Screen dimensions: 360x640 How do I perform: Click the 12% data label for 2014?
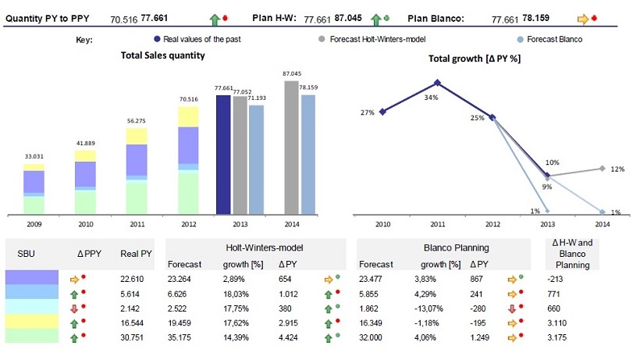coord(617,169)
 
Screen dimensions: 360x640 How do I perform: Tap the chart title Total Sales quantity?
coord(163,55)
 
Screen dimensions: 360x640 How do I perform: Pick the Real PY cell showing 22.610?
coord(132,277)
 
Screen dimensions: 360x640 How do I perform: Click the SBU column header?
coord(26,253)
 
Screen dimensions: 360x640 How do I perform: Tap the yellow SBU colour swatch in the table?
coord(31,321)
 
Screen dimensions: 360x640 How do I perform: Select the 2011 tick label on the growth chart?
coord(437,224)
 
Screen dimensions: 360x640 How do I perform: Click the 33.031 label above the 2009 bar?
coord(34,158)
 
